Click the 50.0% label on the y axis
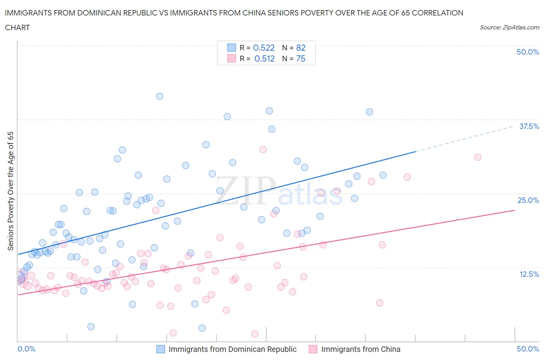[x=528, y=52]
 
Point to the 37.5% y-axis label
[x=529, y=126]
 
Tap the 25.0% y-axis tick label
[x=528, y=200]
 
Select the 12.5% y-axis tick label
[x=529, y=274]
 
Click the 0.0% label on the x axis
[x=26, y=349]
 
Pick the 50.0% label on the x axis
[x=528, y=349]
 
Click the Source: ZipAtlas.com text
[x=509, y=27]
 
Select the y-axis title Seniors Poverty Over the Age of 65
[x=11, y=191]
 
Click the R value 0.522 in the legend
[x=263, y=48]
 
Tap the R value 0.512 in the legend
[x=264, y=58]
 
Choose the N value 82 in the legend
[x=301, y=48]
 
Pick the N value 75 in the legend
[x=301, y=58]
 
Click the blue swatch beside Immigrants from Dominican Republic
[x=161, y=349]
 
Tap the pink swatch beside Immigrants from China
[x=313, y=349]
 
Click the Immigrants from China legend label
[x=361, y=349]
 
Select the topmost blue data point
[x=159, y=96]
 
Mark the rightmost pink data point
[x=478, y=157]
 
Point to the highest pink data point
[x=263, y=149]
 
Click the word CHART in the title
[x=17, y=27]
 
